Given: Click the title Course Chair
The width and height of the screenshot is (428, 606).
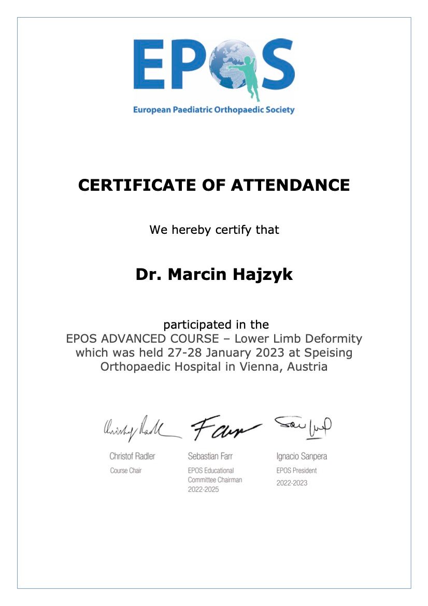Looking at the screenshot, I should (126, 471).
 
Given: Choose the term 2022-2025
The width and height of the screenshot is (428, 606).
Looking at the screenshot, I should (203, 489).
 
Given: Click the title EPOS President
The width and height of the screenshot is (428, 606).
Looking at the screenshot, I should (296, 471).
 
